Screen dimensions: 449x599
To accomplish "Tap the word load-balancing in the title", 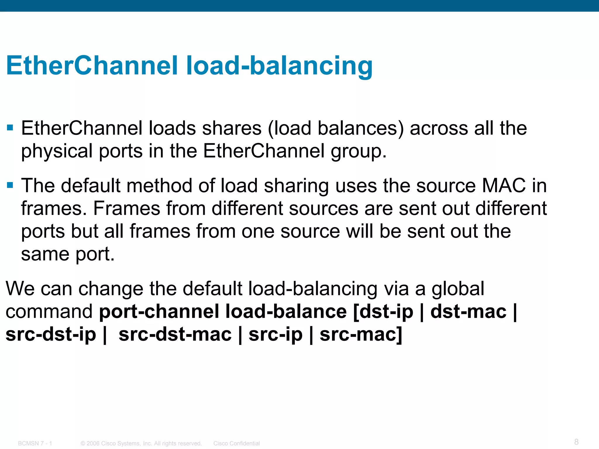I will click(x=279, y=66).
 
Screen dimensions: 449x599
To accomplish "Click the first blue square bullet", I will click(x=10, y=128).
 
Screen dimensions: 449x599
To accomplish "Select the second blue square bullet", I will click(x=10, y=185).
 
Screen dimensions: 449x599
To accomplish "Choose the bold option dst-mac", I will click(x=468, y=312).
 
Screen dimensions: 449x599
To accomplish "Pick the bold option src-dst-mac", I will click(x=175, y=334).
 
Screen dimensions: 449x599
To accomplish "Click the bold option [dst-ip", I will click(x=383, y=312).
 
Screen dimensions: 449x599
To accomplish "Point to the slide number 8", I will click(x=576, y=442).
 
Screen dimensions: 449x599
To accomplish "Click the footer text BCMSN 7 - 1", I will click(x=35, y=443).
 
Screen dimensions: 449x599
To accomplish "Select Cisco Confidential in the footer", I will click(x=236, y=443).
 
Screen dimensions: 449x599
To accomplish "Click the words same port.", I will click(x=68, y=254).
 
